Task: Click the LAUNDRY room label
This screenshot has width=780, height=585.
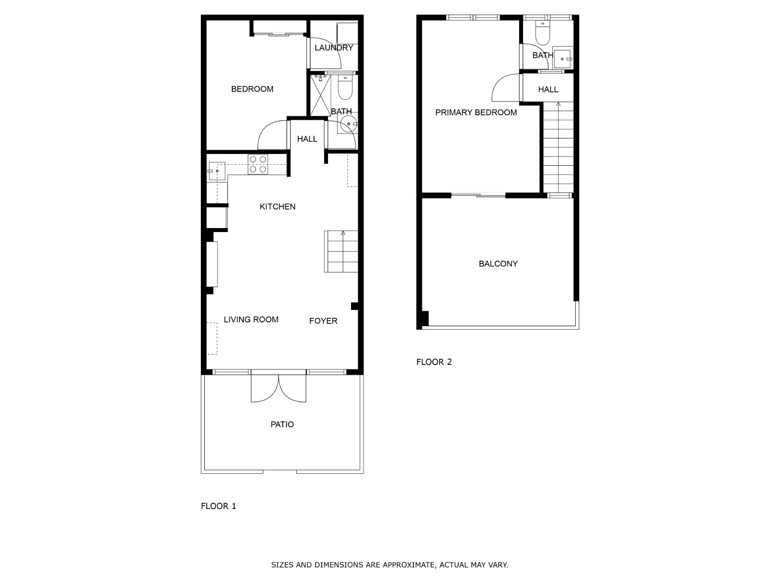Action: [x=333, y=48]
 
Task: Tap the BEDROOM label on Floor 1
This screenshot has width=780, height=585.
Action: [x=253, y=89]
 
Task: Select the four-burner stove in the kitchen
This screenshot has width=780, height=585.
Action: [x=258, y=164]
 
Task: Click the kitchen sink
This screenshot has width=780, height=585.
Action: [x=217, y=171]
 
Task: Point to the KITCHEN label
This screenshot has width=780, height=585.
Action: [x=277, y=207]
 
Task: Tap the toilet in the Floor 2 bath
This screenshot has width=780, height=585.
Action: [x=543, y=33]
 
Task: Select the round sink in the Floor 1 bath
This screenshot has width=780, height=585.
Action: [x=348, y=124]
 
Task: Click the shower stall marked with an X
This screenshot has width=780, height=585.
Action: [x=320, y=95]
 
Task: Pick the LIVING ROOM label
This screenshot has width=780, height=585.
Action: [x=251, y=320]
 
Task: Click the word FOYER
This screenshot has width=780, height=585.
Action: [x=323, y=321]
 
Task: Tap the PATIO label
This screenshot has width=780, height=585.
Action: [x=282, y=425]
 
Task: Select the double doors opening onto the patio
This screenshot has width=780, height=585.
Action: [x=278, y=387]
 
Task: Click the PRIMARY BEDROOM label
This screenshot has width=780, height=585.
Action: [x=476, y=113]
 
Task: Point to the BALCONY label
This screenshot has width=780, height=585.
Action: [x=498, y=264]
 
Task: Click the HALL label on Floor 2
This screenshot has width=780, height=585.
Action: [x=548, y=90]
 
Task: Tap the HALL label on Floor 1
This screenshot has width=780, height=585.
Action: [x=307, y=139]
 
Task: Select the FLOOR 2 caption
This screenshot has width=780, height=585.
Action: [x=434, y=362]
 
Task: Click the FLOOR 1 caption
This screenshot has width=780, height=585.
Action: [x=218, y=506]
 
